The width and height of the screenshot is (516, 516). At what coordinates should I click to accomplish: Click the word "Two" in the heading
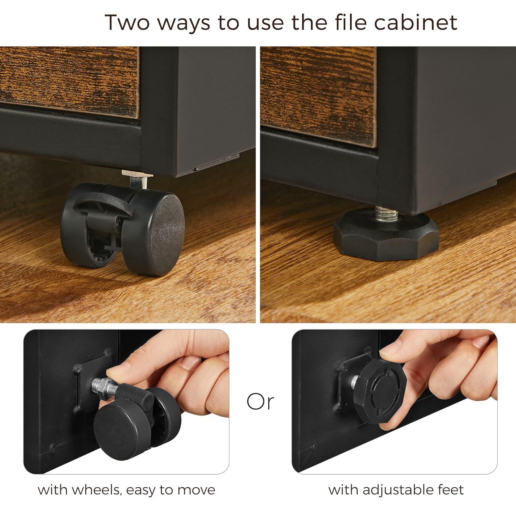[127, 22]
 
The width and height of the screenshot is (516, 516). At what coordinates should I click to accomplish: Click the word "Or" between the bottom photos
[260, 401]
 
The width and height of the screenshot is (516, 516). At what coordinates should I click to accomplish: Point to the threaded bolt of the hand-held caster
[103, 387]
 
